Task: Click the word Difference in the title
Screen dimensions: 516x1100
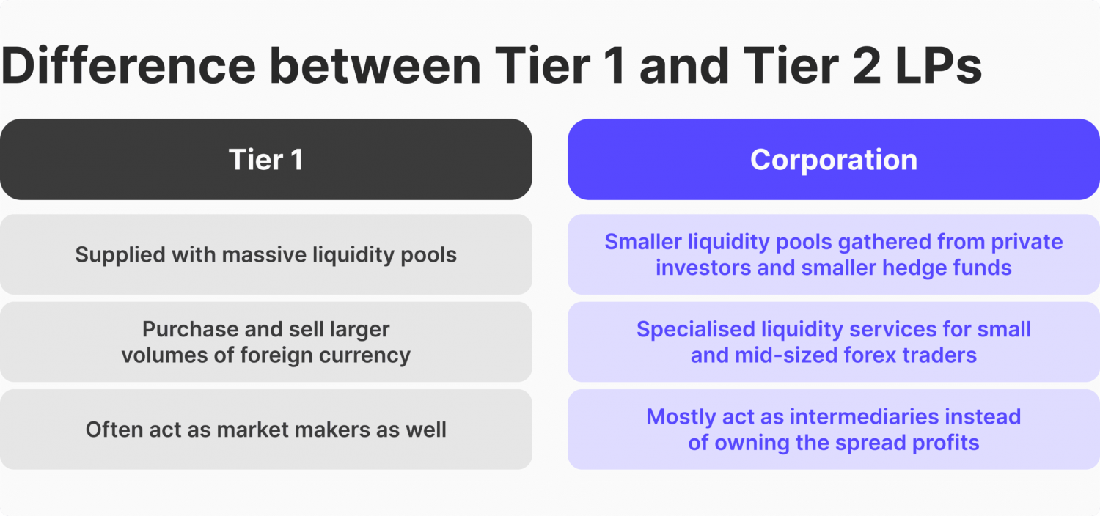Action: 128,64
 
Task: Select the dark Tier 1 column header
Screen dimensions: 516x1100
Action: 265,160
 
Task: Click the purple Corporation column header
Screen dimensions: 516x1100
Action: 834,160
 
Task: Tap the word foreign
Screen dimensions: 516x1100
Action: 281,355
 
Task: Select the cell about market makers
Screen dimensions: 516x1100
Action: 265,430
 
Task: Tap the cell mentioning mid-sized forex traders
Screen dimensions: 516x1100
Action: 834,342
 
